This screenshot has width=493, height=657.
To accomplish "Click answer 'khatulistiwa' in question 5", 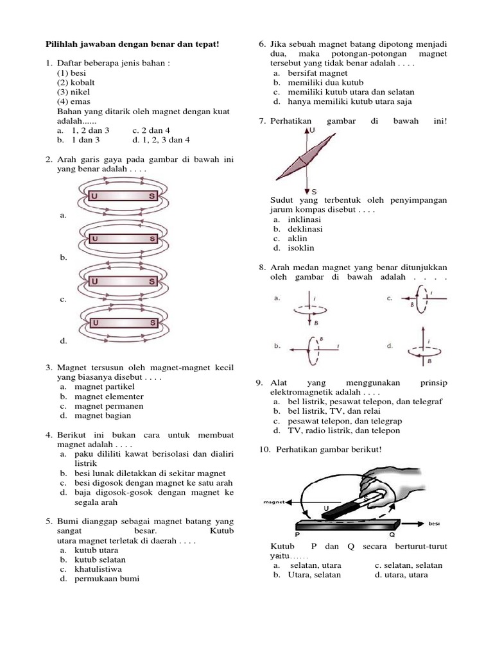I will [x=98, y=568].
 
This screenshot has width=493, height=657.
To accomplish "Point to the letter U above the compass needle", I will [x=313, y=130].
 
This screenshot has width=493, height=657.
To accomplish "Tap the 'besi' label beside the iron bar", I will [x=435, y=524].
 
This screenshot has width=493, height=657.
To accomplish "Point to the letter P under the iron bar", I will [x=297, y=533].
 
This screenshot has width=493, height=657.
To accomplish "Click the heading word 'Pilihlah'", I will [x=64, y=44].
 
